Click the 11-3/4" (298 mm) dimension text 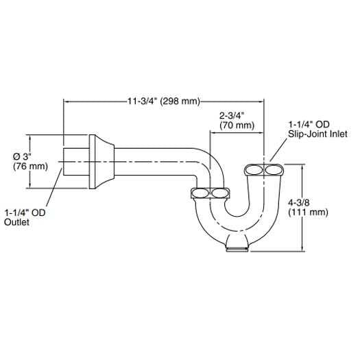tap(164, 101)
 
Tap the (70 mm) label tap(237, 125)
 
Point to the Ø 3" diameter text tap(22, 157)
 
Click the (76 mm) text tap(31, 166)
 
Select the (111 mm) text tap(308, 212)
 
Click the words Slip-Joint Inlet tap(317, 134)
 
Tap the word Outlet tap(16, 222)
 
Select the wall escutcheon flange tap(101, 162)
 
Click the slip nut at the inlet tap(264, 170)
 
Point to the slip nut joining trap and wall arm tap(210, 193)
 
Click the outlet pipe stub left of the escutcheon tap(76, 162)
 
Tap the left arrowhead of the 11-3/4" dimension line tap(66, 101)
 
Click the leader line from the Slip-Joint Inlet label tap(278, 150)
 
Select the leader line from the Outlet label tap(54, 188)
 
